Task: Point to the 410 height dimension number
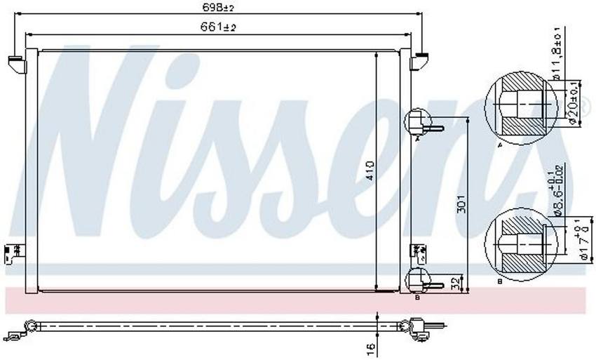tap(370, 171)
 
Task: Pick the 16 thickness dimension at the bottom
tap(371, 346)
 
